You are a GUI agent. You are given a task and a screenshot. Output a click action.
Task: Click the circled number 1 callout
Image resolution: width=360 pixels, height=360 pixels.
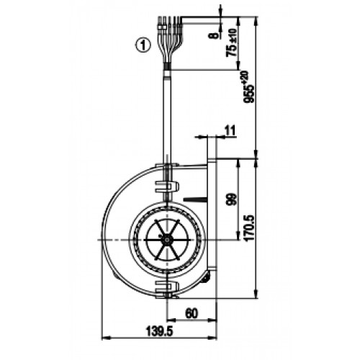143,45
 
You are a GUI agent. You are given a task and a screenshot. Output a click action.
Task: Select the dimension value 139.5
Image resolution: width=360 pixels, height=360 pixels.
159,332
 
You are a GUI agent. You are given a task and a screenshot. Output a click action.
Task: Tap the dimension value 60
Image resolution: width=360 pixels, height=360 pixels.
192,313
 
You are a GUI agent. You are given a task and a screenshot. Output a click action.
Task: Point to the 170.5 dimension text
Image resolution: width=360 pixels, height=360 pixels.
250,228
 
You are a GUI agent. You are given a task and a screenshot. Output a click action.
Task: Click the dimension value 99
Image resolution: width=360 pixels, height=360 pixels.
232,199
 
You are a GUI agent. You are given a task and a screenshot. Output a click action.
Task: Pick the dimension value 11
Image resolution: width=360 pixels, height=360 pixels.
230,130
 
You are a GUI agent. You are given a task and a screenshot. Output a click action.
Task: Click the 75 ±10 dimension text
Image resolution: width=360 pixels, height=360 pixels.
231,42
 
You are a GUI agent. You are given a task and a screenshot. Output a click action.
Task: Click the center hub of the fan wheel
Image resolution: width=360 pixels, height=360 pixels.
167,240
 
